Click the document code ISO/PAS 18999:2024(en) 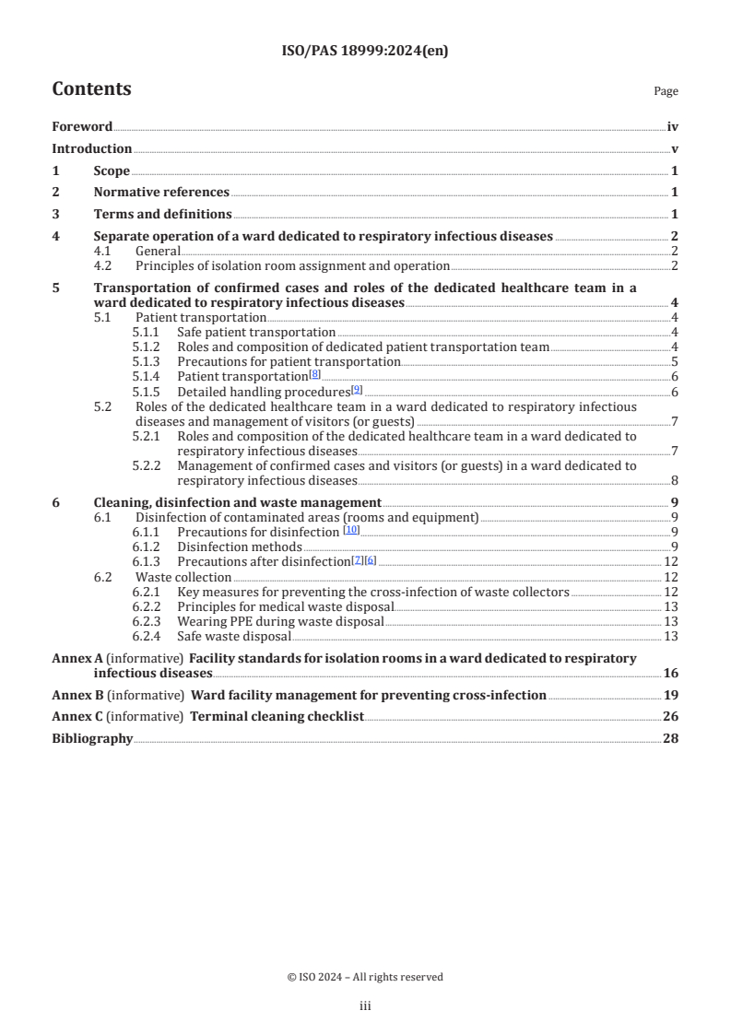pyautogui.click(x=365, y=52)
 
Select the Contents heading pyautogui.click(x=91, y=89)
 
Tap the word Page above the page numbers pyautogui.click(x=666, y=91)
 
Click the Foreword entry pyautogui.click(x=82, y=127)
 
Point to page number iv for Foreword pyautogui.click(x=672, y=127)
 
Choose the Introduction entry pyautogui.click(x=91, y=149)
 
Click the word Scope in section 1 pyautogui.click(x=112, y=171)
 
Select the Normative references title pyautogui.click(x=161, y=193)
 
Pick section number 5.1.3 pyautogui.click(x=145, y=362)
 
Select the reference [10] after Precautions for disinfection pyautogui.click(x=351, y=530)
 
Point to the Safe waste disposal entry pyautogui.click(x=233, y=636)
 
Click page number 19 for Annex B pyautogui.click(x=671, y=695)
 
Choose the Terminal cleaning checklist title pyautogui.click(x=277, y=716)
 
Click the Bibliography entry pyautogui.click(x=92, y=738)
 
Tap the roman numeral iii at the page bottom pyautogui.click(x=365, y=1007)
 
